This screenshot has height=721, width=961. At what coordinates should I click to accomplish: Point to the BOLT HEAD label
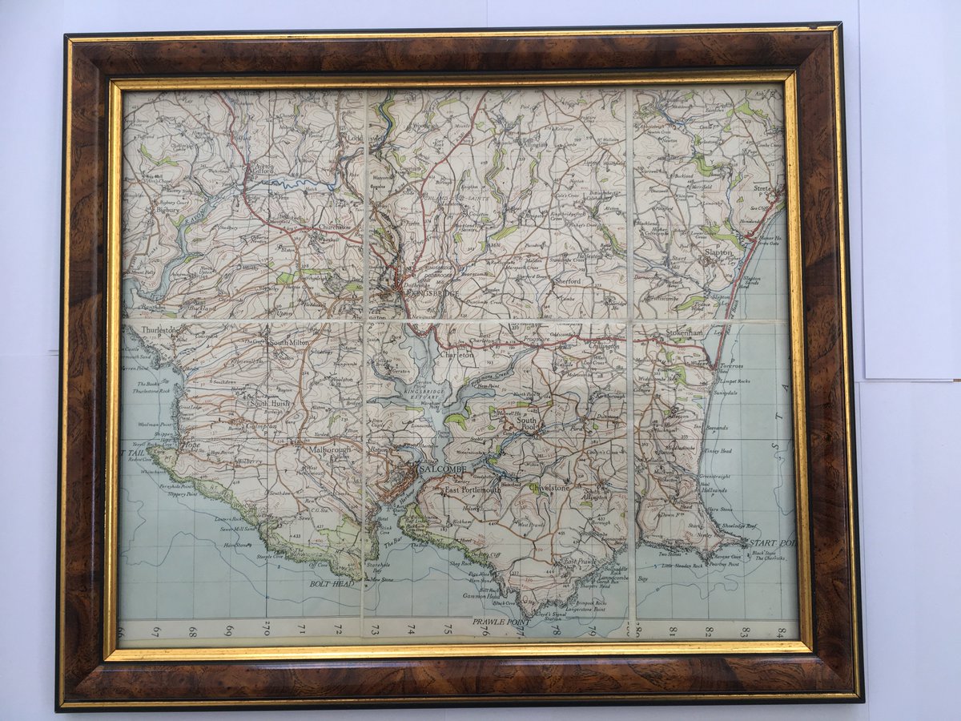click(x=332, y=584)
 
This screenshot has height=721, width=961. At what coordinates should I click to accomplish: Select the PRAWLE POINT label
click(x=497, y=622)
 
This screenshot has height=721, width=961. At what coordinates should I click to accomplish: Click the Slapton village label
click(x=718, y=252)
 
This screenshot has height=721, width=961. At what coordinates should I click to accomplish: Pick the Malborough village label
click(x=330, y=450)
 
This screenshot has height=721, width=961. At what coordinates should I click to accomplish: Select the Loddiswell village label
click(x=352, y=138)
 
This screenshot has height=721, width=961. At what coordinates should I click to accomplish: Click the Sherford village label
click(x=566, y=281)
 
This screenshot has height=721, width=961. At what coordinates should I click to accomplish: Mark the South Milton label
click(x=288, y=342)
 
